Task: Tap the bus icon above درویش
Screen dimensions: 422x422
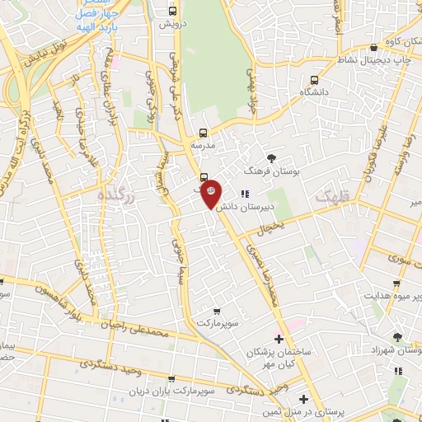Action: [172, 12]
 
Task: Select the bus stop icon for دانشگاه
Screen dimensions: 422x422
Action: [314, 81]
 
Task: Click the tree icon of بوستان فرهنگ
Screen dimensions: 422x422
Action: [273, 158]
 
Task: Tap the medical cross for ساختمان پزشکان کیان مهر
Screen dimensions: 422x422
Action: [279, 339]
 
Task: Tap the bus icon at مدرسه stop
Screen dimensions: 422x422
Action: [203, 132]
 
